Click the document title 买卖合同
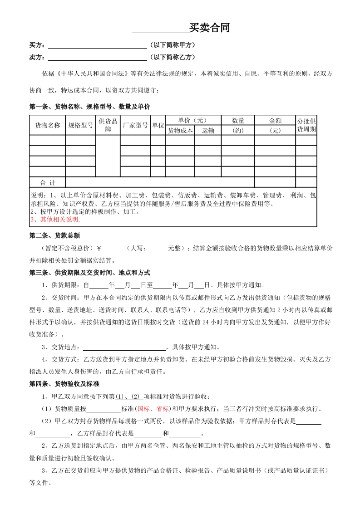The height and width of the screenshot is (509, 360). coord(209,28)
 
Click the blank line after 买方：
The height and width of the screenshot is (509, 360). coord(97,45)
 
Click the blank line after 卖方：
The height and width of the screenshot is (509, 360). coord(97,58)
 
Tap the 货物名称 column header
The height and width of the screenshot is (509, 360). coord(47,125)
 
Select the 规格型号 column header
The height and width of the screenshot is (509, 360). coord(80,125)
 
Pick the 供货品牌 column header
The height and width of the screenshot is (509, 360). coord(108,125)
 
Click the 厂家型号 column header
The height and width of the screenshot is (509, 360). coord(135,125)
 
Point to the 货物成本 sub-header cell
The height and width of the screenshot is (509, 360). coord(180,131)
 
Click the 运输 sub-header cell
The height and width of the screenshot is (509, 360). coord(208,131)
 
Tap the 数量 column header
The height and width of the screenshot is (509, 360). coord(238,121)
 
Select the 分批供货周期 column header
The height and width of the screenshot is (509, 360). coord(306,125)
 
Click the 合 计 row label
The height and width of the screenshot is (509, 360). coord(47,183)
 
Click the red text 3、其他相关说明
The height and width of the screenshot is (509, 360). coord(55,220)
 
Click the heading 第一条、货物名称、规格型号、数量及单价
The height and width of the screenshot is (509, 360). coord(89,107)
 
